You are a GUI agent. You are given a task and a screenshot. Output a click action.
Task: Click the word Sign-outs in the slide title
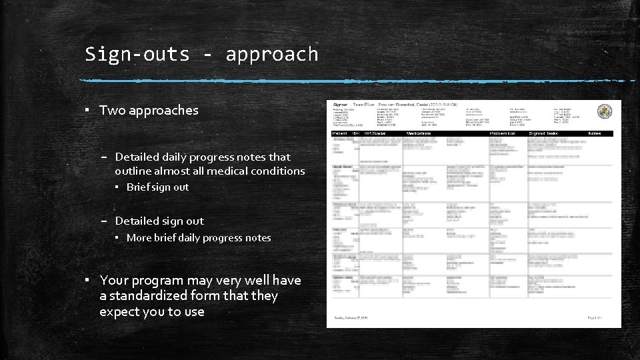click(x=137, y=54)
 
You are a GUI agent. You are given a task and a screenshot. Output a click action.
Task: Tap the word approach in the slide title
click(x=272, y=54)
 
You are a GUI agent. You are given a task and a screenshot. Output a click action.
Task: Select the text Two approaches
click(x=149, y=110)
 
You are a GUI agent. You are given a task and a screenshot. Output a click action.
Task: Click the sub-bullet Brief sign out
click(x=157, y=187)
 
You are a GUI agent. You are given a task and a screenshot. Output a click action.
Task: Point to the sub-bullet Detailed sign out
click(x=159, y=221)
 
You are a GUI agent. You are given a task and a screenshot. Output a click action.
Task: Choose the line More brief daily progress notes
click(x=199, y=237)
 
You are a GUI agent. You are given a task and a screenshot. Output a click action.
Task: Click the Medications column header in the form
click(x=419, y=133)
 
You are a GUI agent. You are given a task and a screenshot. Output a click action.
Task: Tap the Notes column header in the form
click(x=594, y=133)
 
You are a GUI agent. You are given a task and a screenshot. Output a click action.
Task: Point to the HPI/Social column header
click(x=375, y=133)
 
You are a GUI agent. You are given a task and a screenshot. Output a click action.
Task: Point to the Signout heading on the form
click(x=340, y=105)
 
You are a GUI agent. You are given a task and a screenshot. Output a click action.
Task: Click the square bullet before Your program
click(x=88, y=280)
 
